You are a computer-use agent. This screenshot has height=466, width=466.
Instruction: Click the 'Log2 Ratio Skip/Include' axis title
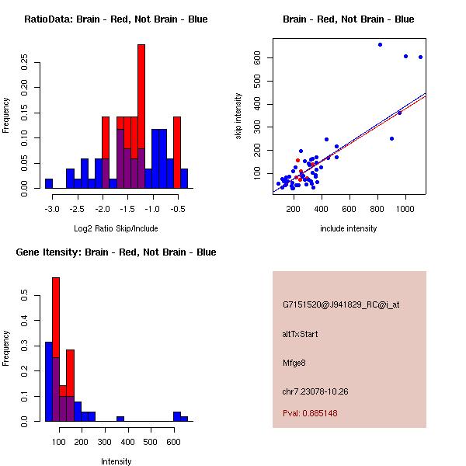116,228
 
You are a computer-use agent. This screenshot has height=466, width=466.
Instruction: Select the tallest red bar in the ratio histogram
141,101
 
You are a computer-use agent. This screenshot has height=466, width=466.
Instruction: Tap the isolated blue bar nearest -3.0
48,183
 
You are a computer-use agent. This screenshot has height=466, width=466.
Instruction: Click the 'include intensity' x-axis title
348,228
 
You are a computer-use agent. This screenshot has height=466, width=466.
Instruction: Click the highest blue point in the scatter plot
380,44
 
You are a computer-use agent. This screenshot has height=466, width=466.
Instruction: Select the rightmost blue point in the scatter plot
420,57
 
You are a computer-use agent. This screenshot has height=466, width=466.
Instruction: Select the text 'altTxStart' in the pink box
301,334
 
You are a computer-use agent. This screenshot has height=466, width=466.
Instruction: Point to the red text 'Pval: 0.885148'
310,413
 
